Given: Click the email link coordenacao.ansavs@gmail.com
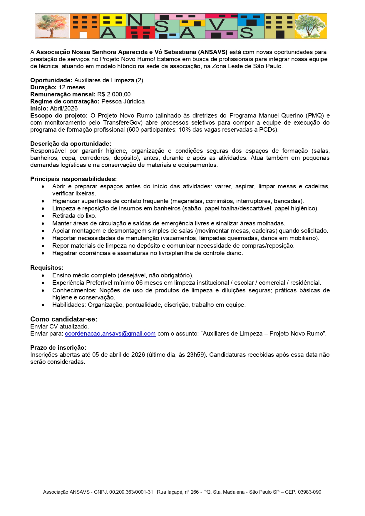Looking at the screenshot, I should pos(110,334).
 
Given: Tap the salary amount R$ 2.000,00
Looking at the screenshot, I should pos(114,94).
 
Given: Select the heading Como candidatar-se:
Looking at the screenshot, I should pos(64,319).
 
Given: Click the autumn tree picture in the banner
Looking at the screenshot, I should pos(52,26).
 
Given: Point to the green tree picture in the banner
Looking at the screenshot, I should pos(310,26).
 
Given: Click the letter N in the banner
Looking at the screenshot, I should pos(135,20).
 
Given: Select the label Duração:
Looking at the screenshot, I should pos(43,87).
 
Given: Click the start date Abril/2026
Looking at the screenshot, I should pos(64,108).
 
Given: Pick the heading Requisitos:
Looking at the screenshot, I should pos(47,268).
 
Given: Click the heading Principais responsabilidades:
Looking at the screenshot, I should pos(73,179).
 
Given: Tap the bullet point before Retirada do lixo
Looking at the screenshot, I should pos(43,216).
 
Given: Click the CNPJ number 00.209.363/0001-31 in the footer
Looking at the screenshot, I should pos(131,492).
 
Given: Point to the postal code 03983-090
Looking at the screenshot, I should pos(309,492).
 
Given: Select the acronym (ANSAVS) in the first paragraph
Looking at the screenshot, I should pos(213,52).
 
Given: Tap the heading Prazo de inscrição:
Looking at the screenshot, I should pos(58,348).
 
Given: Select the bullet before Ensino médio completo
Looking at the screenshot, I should pos(43,276).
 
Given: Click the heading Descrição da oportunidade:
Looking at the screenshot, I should pos(71,144).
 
